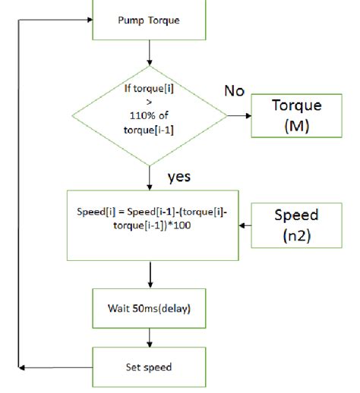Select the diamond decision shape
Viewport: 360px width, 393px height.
coord(149,116)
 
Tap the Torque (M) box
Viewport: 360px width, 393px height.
coord(296,115)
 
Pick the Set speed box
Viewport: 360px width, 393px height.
coord(149,367)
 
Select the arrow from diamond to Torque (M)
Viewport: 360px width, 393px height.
coord(239,116)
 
